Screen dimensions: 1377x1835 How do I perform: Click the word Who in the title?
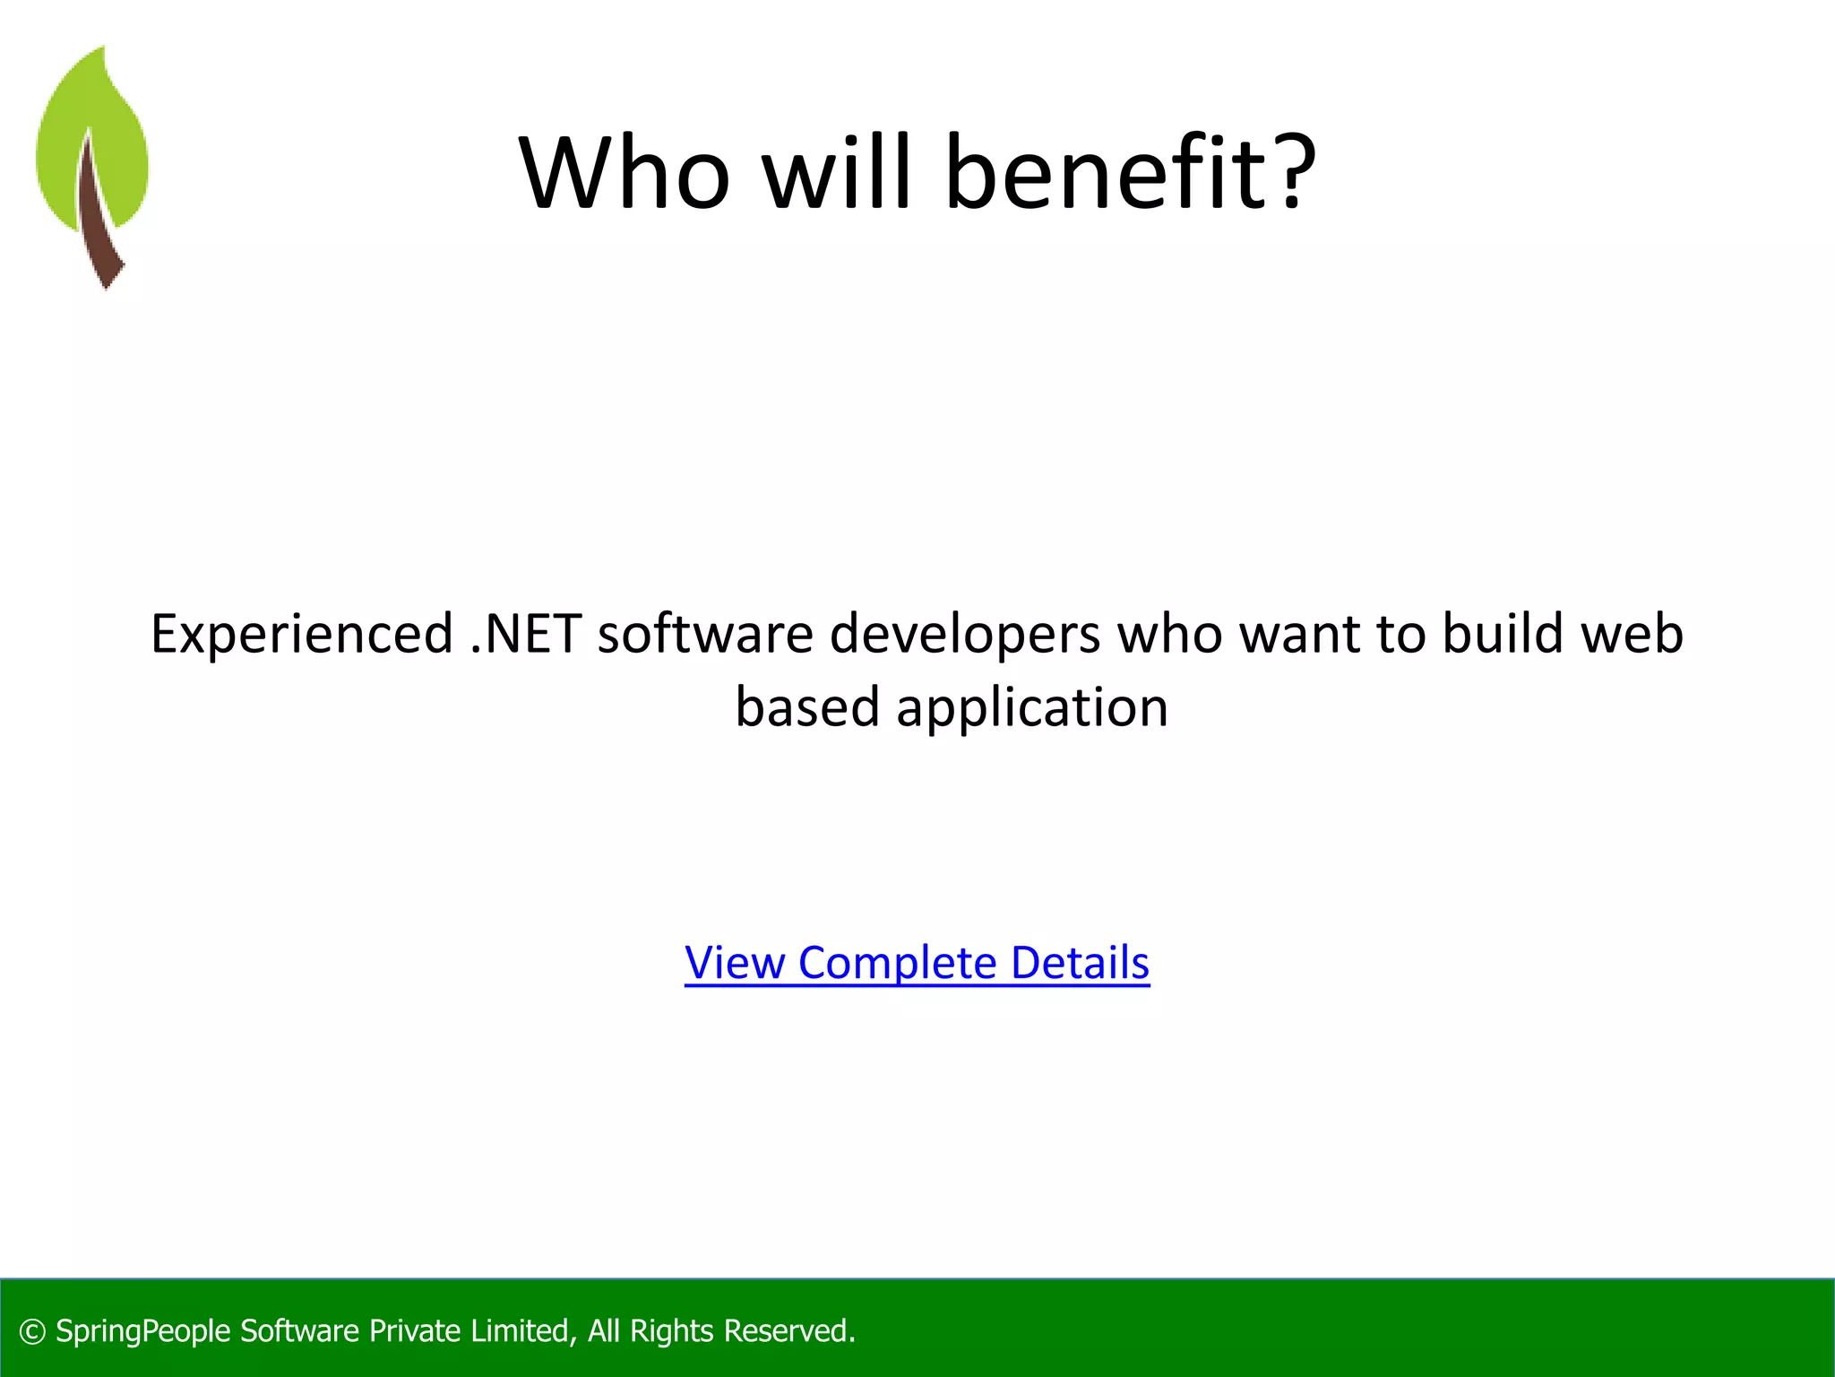(625, 172)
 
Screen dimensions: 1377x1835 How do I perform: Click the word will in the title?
(837, 172)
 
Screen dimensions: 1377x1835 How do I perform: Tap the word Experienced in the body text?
(302, 634)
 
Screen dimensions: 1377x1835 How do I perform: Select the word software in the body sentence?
(705, 634)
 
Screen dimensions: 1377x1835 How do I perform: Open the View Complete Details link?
(917, 963)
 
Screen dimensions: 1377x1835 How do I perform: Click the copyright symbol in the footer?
(32, 1332)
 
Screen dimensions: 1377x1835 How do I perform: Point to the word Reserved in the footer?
(788, 1331)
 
